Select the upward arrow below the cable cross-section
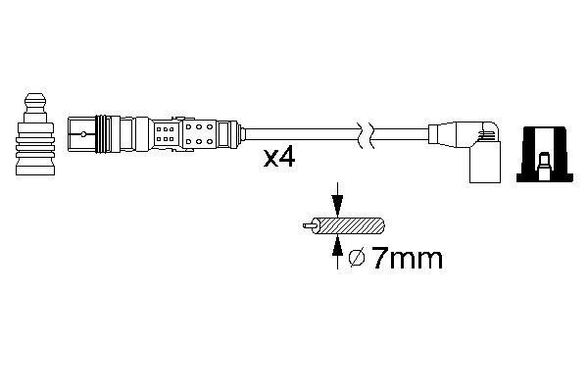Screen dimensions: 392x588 tap(336, 252)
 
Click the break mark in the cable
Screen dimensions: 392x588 tap(366, 133)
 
